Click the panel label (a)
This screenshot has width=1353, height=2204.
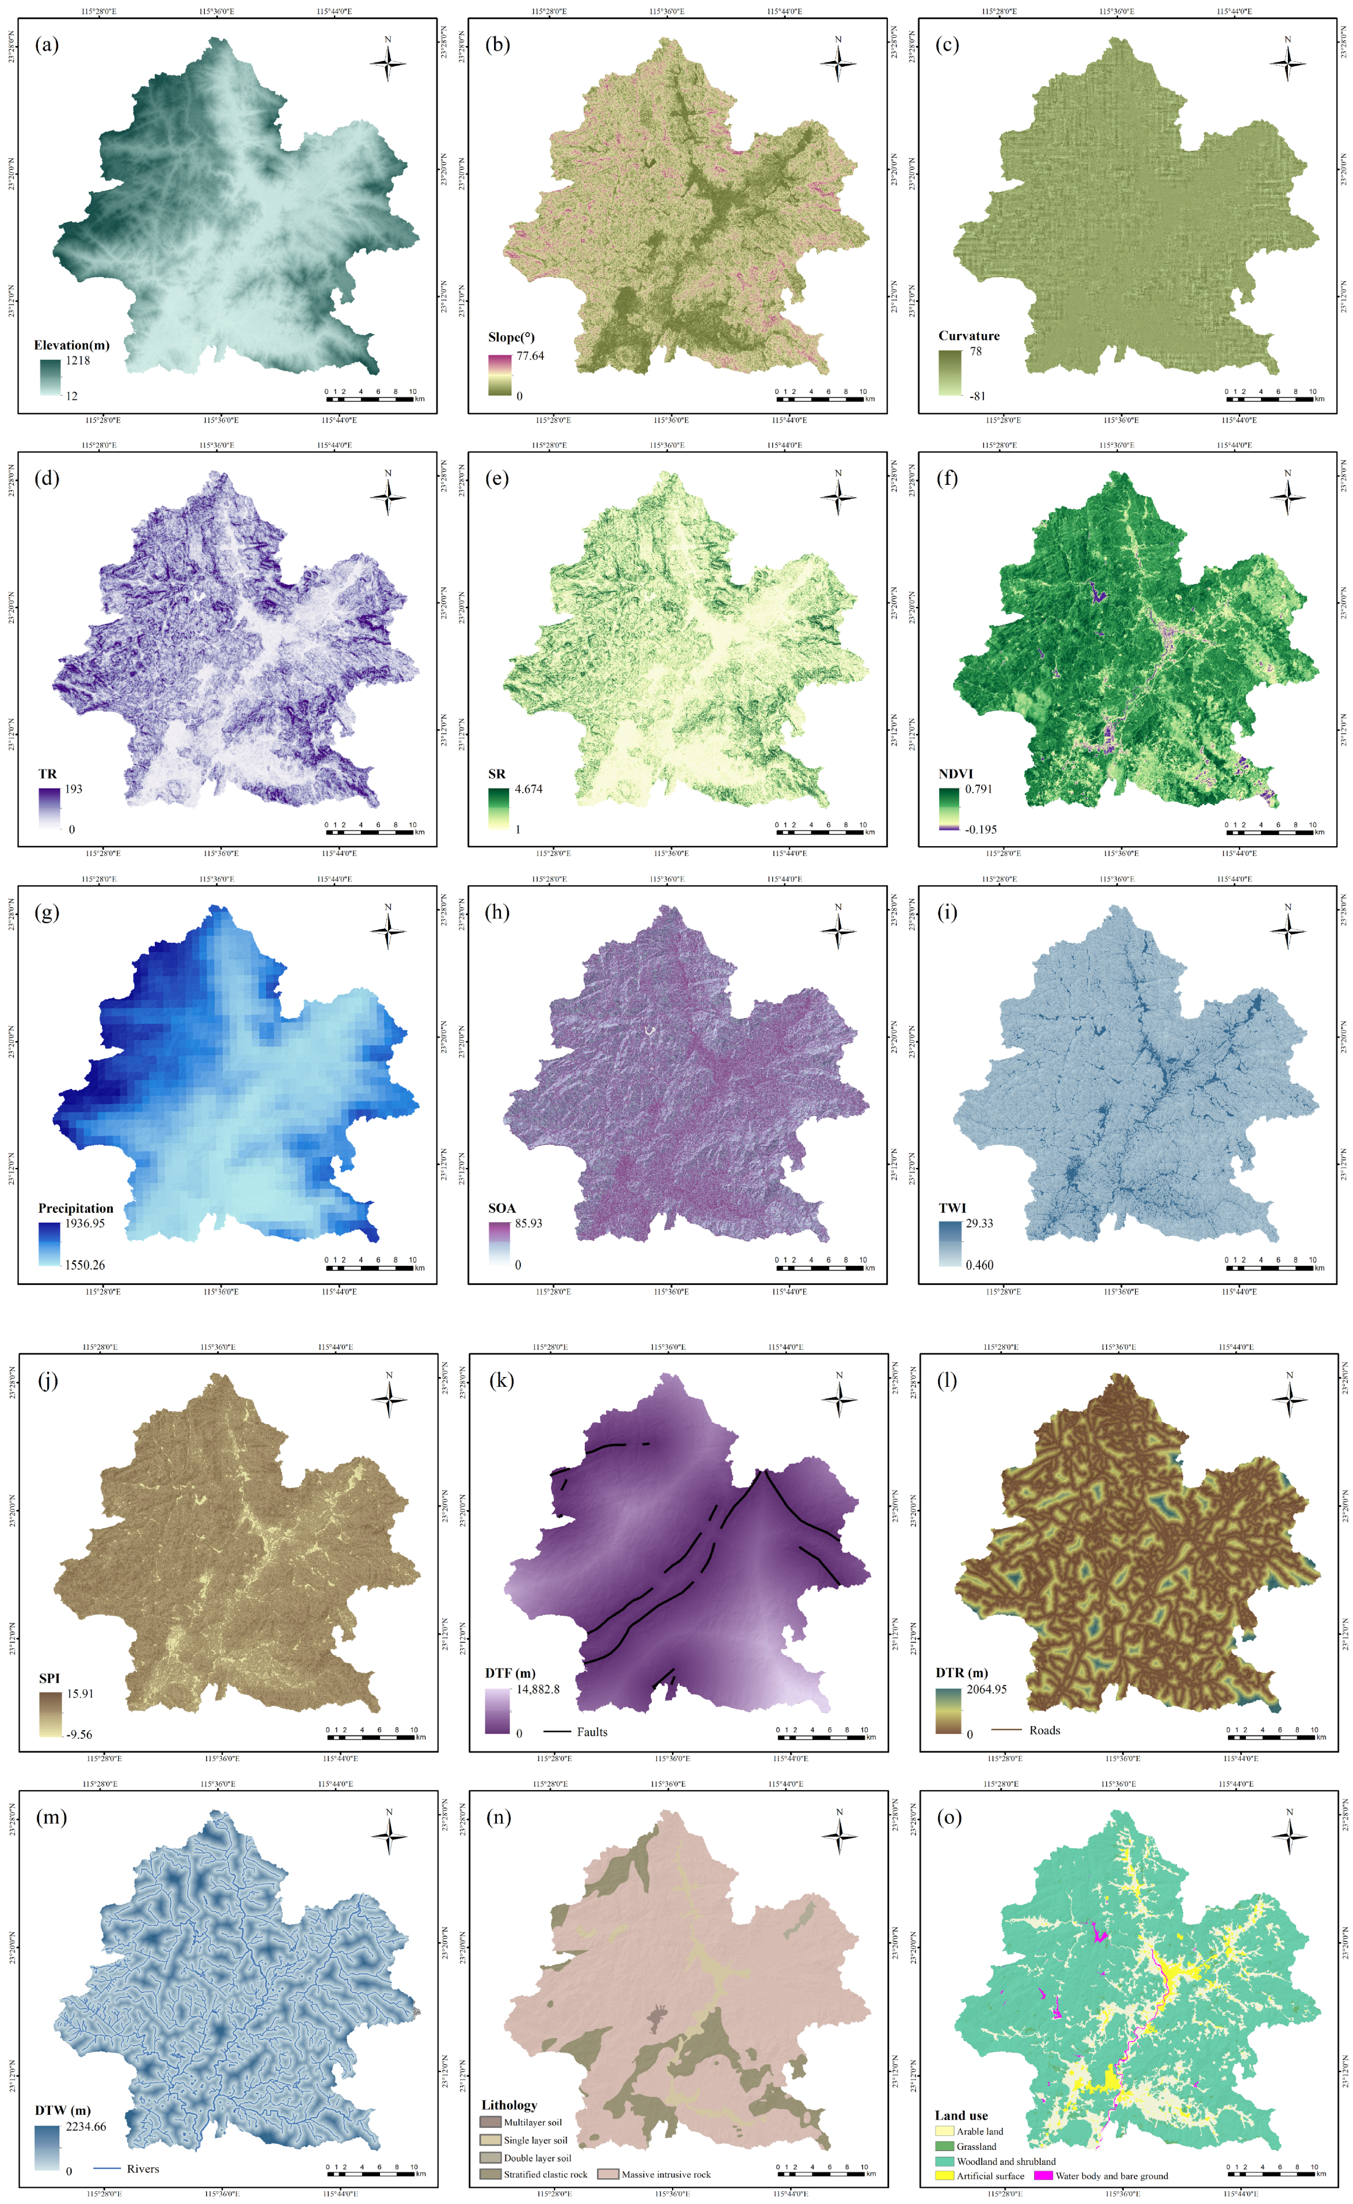point(47,45)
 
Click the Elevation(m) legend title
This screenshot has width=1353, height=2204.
point(72,345)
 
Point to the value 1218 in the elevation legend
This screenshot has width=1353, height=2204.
point(78,361)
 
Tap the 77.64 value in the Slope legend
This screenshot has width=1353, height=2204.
point(530,355)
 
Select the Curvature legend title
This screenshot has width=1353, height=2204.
point(968,336)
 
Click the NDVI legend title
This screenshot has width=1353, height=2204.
point(955,773)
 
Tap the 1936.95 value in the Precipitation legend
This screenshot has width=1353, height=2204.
point(85,1222)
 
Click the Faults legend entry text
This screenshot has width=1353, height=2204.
point(591,1731)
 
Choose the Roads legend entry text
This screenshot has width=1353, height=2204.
point(1044,1730)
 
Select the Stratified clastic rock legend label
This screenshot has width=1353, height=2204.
point(545,2174)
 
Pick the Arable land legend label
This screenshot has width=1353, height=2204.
point(980,2131)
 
